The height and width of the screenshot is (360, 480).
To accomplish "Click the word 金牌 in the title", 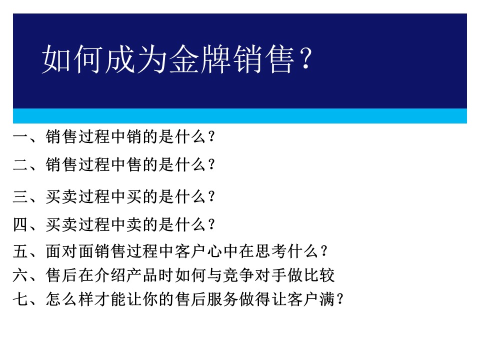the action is (200, 59).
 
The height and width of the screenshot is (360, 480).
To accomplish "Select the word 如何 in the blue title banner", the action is (72, 59).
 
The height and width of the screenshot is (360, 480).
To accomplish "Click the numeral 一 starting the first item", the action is (20, 137).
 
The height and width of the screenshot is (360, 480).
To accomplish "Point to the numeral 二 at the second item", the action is (20, 165).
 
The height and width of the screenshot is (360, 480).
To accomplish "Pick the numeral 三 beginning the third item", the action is (20, 196).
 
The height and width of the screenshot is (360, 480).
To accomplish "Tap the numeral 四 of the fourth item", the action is (20, 224).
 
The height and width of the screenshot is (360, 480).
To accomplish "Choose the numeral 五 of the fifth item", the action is (20, 251).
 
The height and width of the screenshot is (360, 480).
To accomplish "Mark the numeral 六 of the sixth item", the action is (20, 275).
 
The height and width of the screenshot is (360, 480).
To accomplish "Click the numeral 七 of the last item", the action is (20, 299).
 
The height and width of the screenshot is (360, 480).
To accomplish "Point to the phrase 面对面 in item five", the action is (70, 251).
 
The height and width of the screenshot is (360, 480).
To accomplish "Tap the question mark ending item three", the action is (211, 196).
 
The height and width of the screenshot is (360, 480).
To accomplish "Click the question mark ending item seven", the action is (340, 299).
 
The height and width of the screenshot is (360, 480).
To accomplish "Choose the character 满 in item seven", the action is (327, 299).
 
